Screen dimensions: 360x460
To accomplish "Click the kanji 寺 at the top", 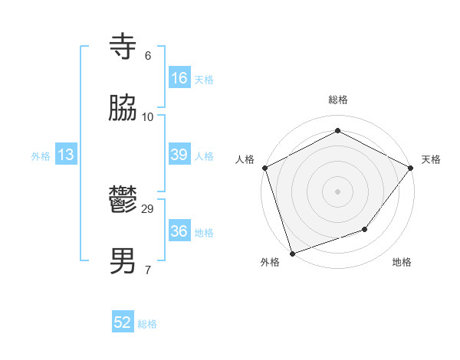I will [x=123, y=47].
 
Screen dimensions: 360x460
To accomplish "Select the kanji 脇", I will [x=123, y=109].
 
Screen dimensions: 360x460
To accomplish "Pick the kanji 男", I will [x=123, y=261].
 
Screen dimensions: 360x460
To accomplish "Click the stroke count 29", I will [x=148, y=208].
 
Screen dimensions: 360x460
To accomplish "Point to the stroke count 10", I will [x=148, y=116].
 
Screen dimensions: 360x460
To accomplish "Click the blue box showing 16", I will [x=179, y=77].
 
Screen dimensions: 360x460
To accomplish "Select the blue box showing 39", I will [x=179, y=155].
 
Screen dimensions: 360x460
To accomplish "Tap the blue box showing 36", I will [x=179, y=231].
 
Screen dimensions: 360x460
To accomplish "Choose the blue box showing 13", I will [x=66, y=155].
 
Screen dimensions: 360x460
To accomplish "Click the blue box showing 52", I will [x=123, y=322].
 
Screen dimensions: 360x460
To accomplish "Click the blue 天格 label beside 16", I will [x=204, y=79].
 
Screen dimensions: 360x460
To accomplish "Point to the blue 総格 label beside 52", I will [x=147, y=324].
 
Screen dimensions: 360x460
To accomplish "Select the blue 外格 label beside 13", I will [x=41, y=156].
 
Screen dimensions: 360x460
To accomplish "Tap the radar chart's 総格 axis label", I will [x=338, y=100].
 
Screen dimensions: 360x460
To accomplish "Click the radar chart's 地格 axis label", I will [x=402, y=262].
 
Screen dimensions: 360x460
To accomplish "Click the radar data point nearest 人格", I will [x=264, y=168].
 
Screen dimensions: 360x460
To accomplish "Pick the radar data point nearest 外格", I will [x=293, y=253].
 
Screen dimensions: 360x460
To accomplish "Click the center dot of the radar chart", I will [x=338, y=191].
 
